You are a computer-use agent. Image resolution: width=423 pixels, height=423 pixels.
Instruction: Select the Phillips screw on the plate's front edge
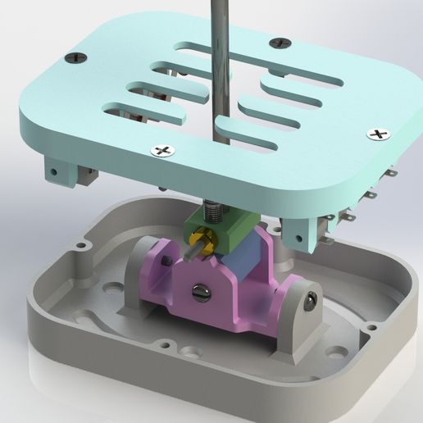pos(163,150)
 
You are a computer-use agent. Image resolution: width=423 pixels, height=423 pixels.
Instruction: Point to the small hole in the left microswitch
pos(53,172)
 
